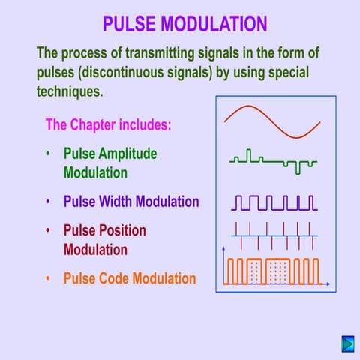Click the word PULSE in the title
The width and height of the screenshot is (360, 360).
click(127, 24)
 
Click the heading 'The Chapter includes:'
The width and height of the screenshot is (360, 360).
click(109, 124)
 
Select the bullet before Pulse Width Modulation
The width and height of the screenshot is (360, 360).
click(49, 202)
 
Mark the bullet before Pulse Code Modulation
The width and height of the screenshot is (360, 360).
click(49, 279)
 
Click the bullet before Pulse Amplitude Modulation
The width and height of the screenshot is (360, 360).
click(49, 154)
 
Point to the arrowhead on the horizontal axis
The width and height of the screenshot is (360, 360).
click(328, 283)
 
